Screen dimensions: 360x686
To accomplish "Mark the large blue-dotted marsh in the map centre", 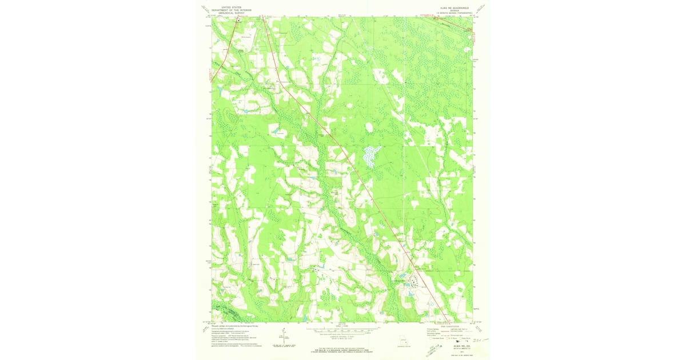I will point(372,155).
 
